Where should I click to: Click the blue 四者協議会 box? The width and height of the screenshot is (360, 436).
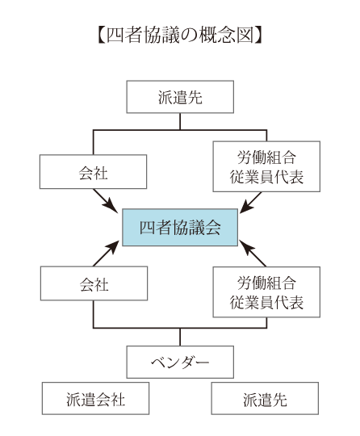[180, 227]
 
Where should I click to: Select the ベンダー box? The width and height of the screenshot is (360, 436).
[180, 362]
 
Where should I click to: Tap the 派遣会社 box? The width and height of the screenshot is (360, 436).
[95, 398]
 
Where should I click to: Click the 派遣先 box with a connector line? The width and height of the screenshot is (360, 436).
[180, 97]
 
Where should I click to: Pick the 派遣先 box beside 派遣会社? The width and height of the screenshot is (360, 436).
[265, 398]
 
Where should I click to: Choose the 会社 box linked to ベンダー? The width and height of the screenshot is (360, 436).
[94, 283]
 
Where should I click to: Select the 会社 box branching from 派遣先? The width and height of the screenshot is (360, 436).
[93, 171]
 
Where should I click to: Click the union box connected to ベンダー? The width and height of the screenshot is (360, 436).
[266, 292]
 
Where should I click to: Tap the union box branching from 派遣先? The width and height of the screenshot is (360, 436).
[266, 166]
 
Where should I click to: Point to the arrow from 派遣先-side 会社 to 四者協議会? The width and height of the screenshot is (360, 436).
[107, 201]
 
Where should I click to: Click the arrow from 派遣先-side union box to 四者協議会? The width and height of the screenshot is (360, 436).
[250, 203]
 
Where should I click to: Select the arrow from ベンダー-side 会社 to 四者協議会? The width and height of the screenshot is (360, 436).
[107, 254]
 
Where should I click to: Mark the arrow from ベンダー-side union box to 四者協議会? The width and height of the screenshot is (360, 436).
[253, 254]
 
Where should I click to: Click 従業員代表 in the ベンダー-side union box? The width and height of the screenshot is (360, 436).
[266, 302]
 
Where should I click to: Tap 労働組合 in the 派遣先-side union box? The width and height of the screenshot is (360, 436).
[266, 157]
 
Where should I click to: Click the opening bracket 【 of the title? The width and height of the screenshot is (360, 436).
[101, 36]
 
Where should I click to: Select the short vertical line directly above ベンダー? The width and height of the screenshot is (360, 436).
[180, 337]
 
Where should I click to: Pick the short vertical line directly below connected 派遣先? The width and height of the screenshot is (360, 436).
[180, 121]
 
